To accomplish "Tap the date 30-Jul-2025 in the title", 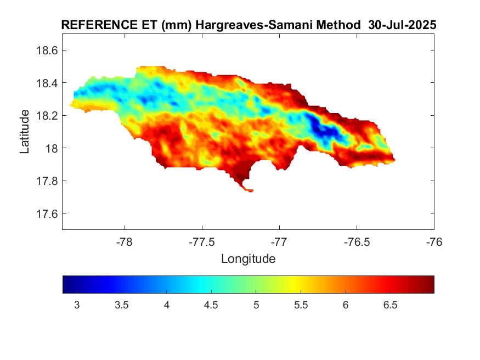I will [402, 25].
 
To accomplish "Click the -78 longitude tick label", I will [125, 241].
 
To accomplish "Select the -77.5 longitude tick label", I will [202, 241].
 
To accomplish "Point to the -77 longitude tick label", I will [280, 241].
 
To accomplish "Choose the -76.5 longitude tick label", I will [357, 241].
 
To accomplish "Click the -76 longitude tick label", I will [434, 241].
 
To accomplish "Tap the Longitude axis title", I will [248, 258].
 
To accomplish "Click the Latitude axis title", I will [25, 131].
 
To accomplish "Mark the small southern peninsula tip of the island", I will [250, 190].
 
